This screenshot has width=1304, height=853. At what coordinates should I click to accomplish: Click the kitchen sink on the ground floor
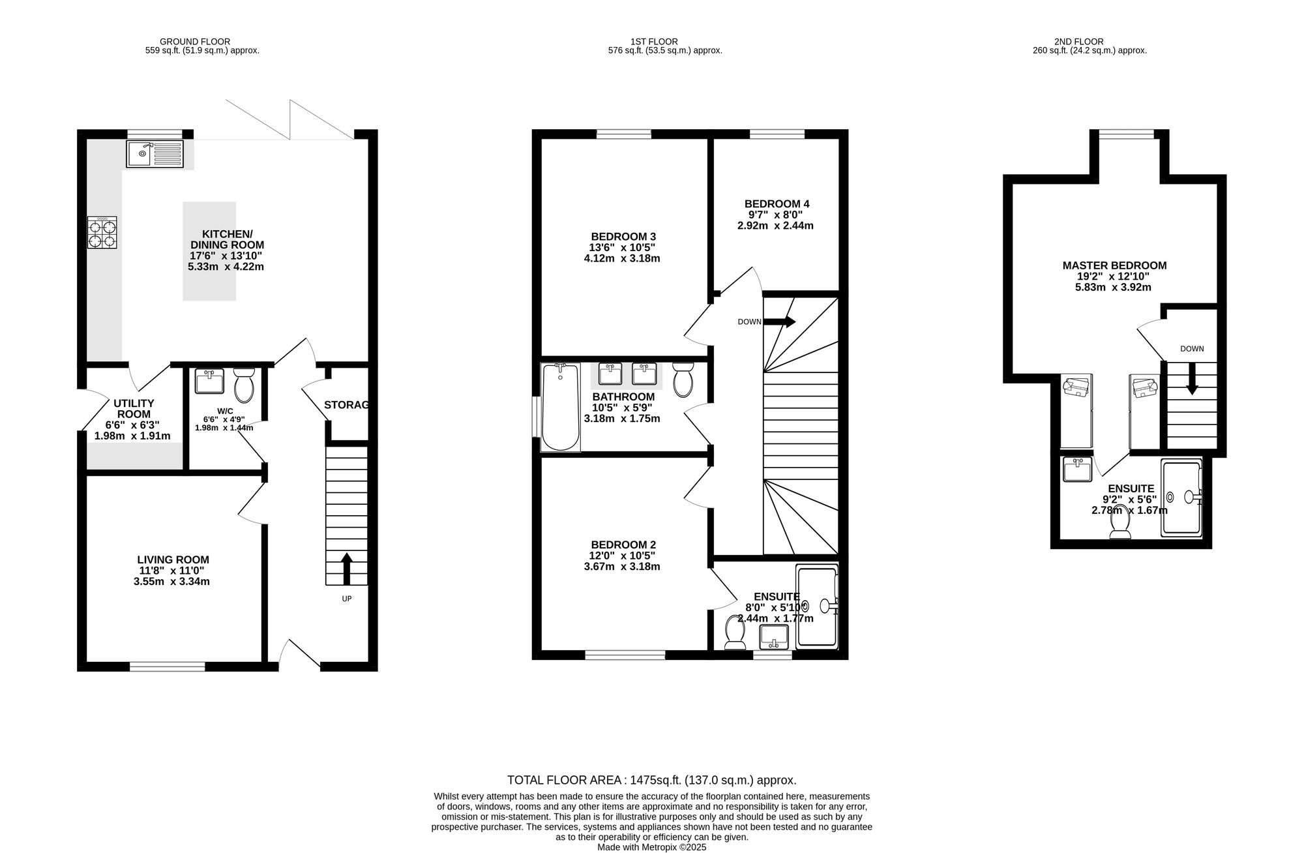[156, 154]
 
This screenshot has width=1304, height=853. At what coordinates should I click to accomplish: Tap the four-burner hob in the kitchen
[103, 232]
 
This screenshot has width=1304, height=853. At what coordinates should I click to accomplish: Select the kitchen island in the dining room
[209, 251]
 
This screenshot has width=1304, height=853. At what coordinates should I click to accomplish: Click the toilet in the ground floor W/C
[244, 385]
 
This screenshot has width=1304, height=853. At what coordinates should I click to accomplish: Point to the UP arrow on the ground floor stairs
[347, 568]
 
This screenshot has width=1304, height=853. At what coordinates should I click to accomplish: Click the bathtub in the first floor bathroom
[561, 407]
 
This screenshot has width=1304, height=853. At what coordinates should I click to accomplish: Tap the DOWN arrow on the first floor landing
[779, 322]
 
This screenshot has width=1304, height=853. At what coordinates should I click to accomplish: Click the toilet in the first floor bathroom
[683, 380]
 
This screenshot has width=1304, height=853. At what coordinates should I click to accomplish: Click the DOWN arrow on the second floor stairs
[1192, 379]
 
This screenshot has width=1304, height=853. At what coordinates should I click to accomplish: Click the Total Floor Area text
[652, 780]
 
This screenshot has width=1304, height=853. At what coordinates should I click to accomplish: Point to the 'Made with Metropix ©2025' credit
[652, 848]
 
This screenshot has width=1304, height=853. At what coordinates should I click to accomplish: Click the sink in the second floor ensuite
[1078, 470]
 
